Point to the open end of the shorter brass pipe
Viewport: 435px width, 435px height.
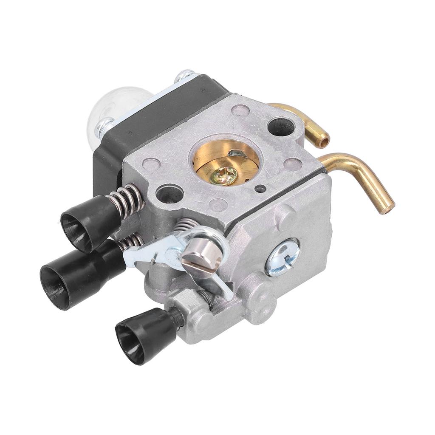click(324, 140)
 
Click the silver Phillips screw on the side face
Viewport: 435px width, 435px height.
click(282, 257)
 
